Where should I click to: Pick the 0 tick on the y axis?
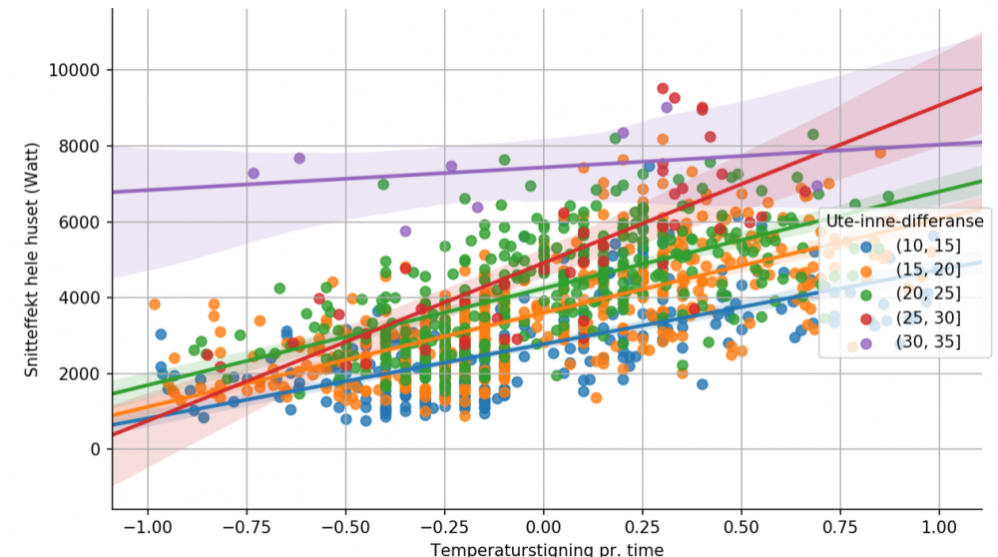(x=95, y=449)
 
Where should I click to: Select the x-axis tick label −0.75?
(x=244, y=525)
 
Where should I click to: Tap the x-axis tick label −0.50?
(x=342, y=525)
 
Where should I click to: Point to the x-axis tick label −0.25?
(x=441, y=525)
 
